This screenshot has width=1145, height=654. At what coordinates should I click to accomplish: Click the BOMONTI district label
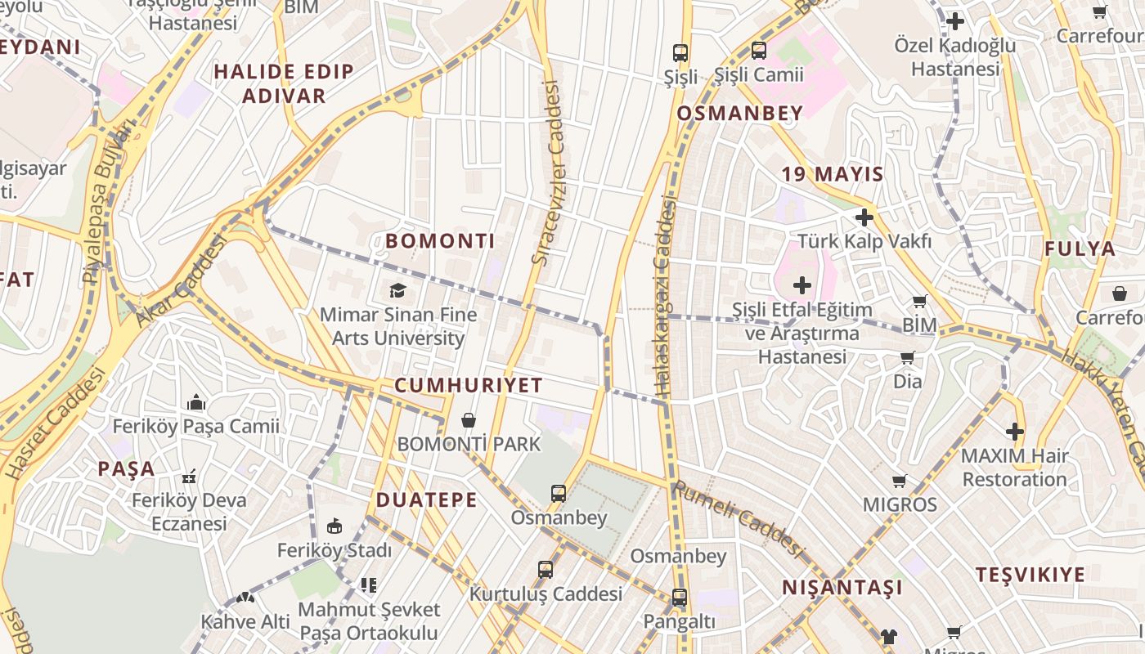[440, 241]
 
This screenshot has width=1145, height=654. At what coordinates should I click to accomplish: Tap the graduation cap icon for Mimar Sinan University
[397, 290]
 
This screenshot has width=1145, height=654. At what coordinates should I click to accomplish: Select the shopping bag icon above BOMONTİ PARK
[469, 420]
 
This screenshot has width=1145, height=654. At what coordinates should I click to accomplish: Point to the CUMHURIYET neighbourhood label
[469, 385]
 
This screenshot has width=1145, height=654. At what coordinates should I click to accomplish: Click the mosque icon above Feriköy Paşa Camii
[195, 402]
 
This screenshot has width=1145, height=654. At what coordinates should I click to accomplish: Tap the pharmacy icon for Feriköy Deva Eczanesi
[189, 476]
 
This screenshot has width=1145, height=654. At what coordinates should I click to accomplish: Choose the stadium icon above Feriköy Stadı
[334, 526]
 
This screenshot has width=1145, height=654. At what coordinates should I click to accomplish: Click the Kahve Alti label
[245, 621]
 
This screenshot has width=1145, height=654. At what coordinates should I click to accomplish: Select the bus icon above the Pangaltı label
[679, 598]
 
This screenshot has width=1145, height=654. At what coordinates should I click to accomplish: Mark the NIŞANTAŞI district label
[842, 588]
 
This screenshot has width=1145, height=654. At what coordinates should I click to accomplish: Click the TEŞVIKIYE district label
[1041, 575]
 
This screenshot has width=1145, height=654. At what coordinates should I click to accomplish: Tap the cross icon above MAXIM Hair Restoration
[1014, 432]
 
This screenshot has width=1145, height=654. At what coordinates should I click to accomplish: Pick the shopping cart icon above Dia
[907, 358]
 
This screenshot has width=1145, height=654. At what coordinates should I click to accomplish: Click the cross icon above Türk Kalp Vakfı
[864, 217]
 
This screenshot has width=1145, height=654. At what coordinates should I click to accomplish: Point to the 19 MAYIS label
[833, 174]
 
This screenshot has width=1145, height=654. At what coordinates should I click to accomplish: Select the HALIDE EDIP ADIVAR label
[284, 83]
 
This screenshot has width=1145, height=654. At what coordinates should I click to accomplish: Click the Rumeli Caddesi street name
[739, 517]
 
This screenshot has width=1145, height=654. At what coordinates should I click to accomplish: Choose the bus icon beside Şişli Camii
[758, 51]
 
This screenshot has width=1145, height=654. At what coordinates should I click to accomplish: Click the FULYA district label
[1080, 249]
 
